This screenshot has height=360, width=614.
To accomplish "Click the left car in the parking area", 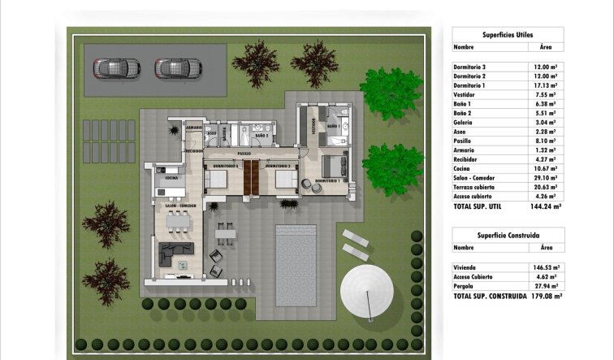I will (x=116, y=68).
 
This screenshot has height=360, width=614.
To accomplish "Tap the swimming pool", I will (x=295, y=264).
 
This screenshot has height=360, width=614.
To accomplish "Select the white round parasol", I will (x=369, y=291).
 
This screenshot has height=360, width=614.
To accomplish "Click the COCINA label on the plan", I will (x=171, y=177).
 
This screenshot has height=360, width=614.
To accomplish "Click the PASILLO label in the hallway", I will (x=244, y=153).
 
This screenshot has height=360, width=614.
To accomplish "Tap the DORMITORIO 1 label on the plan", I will (x=327, y=180).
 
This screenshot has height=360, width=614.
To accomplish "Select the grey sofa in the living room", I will (x=174, y=255).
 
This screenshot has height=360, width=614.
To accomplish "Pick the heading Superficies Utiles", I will (x=508, y=35).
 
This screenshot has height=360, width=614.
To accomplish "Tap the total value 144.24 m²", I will (x=545, y=207).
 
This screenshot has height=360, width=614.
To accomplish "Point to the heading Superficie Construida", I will (x=508, y=235).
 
